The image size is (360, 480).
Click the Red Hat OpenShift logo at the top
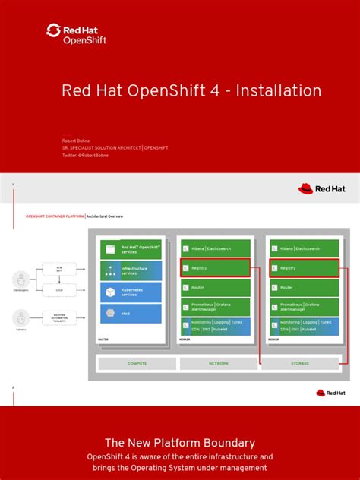[x=76, y=33]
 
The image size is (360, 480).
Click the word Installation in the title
[x=278, y=90]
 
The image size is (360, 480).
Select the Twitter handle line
[x=85, y=155]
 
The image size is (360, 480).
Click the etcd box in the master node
[x=131, y=313]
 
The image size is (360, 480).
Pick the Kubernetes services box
[x=131, y=292]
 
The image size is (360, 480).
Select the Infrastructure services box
[x=131, y=270]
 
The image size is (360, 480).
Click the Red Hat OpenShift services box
[x=131, y=249]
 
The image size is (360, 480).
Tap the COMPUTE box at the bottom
[x=137, y=363]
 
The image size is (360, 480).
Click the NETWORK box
[x=219, y=363]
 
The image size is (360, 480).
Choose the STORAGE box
[x=300, y=363]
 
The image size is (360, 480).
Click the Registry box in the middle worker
[x=216, y=268]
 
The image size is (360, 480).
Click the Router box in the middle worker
[x=216, y=287]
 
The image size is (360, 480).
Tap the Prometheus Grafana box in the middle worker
[x=216, y=307]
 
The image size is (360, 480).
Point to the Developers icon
[x=21, y=279]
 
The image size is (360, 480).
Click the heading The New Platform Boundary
[x=180, y=442]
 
